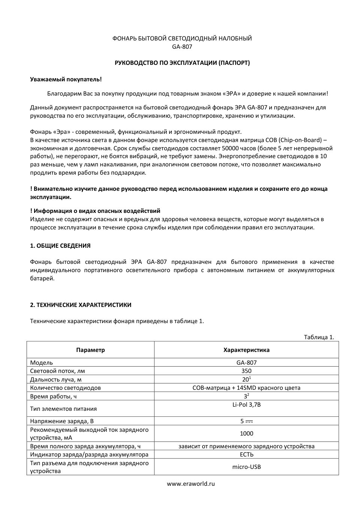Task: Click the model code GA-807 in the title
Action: [182, 47]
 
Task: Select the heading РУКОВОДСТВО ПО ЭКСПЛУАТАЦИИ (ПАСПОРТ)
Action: [182, 63]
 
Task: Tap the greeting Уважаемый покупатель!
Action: [66, 79]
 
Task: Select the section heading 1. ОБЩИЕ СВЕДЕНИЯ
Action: [60, 246]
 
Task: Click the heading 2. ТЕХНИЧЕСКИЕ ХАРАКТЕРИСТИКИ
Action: [81, 305]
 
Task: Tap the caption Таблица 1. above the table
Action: [319, 337]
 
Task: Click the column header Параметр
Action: [90, 350]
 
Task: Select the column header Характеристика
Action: [246, 350]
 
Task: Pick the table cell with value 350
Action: [246, 371]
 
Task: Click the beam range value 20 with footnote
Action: [246, 379]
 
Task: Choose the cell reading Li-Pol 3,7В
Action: [246, 405]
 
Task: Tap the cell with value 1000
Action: [246, 434]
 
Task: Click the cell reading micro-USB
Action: [246, 467]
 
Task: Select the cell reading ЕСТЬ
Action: [246, 455]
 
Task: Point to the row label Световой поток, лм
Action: [57, 371]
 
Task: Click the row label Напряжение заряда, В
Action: [62, 421]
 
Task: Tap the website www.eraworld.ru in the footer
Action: [191, 484]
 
